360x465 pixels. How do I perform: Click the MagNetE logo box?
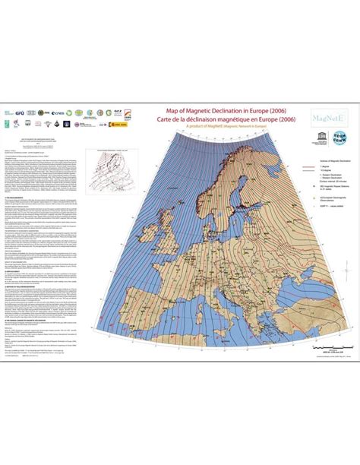[327, 115]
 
